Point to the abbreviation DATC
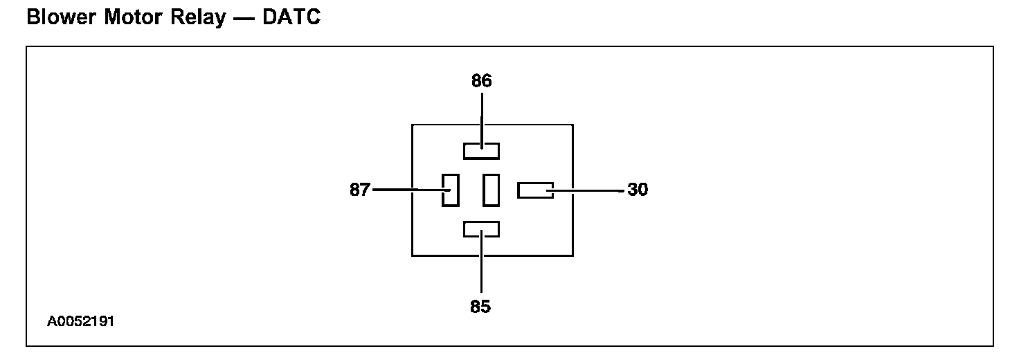[x=291, y=18]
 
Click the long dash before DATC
[x=242, y=19]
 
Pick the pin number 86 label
[x=481, y=81]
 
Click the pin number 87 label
[x=360, y=190]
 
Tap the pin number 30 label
[x=638, y=190]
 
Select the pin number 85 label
[x=480, y=307]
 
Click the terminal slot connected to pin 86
[x=481, y=150]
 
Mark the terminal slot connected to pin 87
[x=451, y=190]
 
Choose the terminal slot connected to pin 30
[x=535, y=190]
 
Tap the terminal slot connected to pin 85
[x=481, y=229]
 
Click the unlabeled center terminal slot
[x=492, y=190]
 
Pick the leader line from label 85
[x=481, y=270]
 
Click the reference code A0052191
[x=81, y=322]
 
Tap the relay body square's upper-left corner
[x=413, y=125]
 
